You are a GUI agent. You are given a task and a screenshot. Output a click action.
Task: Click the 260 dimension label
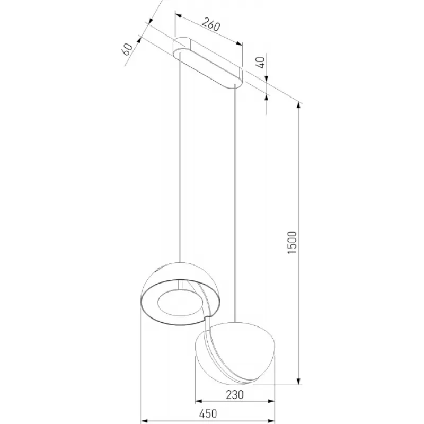click(x=211, y=24)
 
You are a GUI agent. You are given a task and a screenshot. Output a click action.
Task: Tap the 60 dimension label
click(x=127, y=49)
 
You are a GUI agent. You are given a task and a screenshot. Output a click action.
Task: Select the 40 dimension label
click(x=260, y=63)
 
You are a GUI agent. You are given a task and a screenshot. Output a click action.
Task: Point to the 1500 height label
click(x=292, y=242)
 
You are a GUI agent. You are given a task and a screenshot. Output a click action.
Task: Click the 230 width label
click(x=235, y=394)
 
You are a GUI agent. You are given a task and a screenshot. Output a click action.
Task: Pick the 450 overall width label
click(x=208, y=414)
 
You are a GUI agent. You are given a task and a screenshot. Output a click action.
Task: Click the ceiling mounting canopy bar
click(x=208, y=63)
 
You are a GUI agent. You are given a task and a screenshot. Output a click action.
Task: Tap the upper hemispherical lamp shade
click(x=180, y=294)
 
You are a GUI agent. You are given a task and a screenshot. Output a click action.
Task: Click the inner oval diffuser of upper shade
click(x=179, y=303)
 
